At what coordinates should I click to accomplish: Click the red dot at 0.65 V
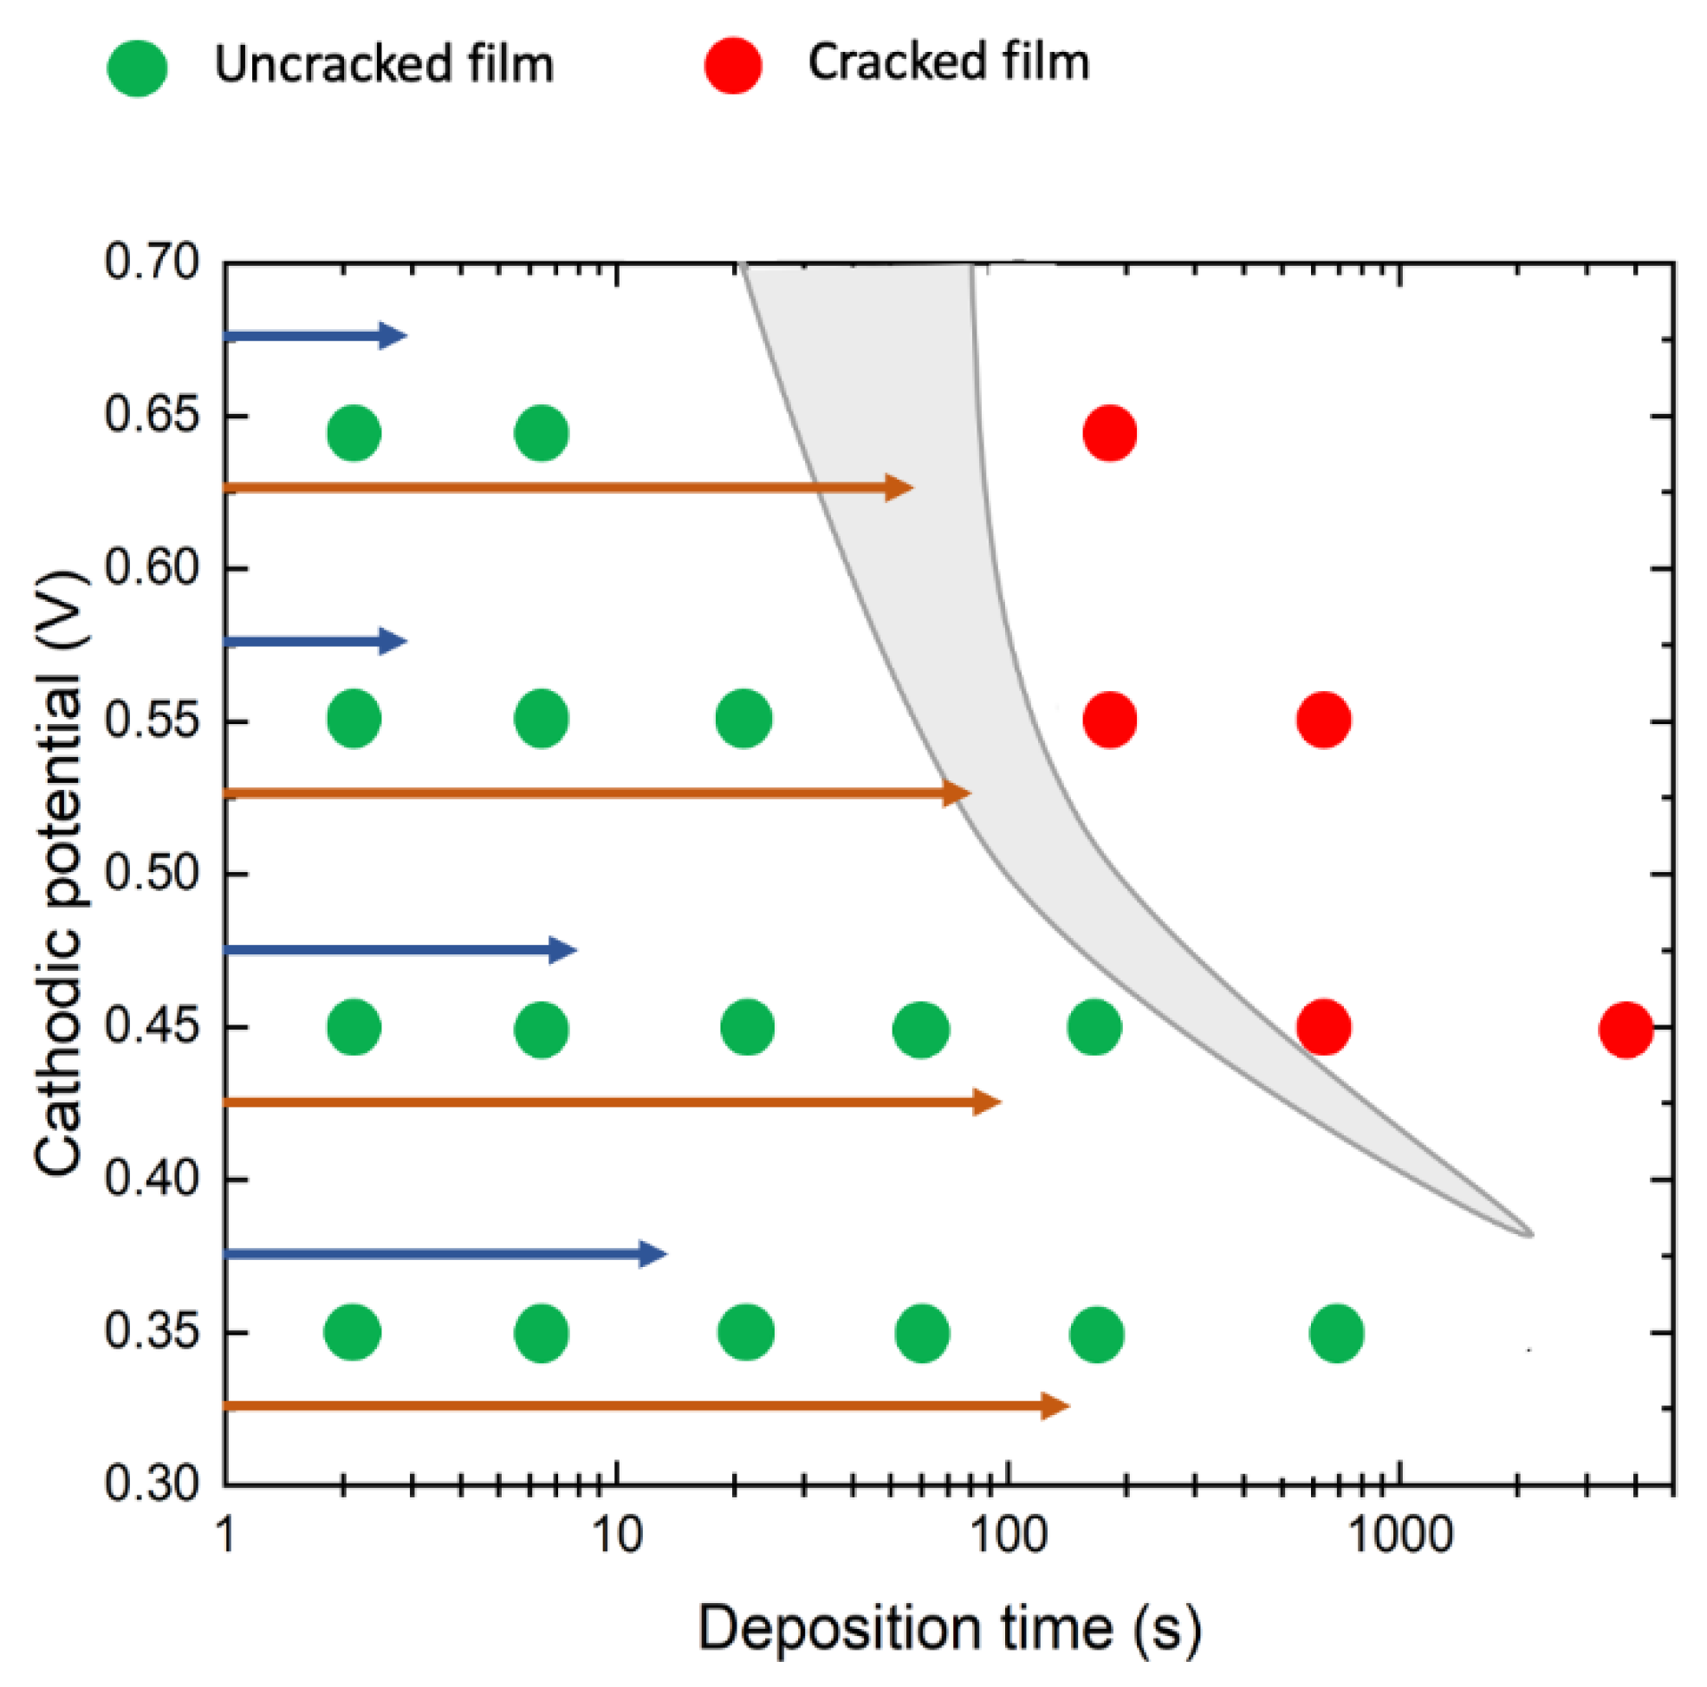(1110, 434)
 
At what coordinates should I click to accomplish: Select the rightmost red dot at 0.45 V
(1626, 1030)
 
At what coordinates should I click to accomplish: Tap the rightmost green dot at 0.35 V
(1337, 1333)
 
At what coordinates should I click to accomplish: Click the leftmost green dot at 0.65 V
(354, 434)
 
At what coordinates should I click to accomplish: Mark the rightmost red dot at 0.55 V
(1323, 721)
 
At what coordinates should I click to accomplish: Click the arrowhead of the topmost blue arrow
(393, 336)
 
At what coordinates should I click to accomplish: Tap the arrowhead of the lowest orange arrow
(1056, 1406)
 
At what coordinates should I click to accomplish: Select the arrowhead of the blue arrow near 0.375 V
(653, 1254)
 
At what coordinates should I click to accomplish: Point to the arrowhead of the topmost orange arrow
(899, 488)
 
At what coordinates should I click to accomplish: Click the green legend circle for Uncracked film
(138, 68)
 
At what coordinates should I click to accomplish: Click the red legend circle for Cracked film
(733, 65)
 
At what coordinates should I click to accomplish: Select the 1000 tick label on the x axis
(1399, 1536)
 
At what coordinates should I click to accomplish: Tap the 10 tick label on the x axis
(616, 1536)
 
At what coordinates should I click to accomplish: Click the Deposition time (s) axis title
(950, 1629)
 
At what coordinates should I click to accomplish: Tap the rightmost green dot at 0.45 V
(1094, 1028)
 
